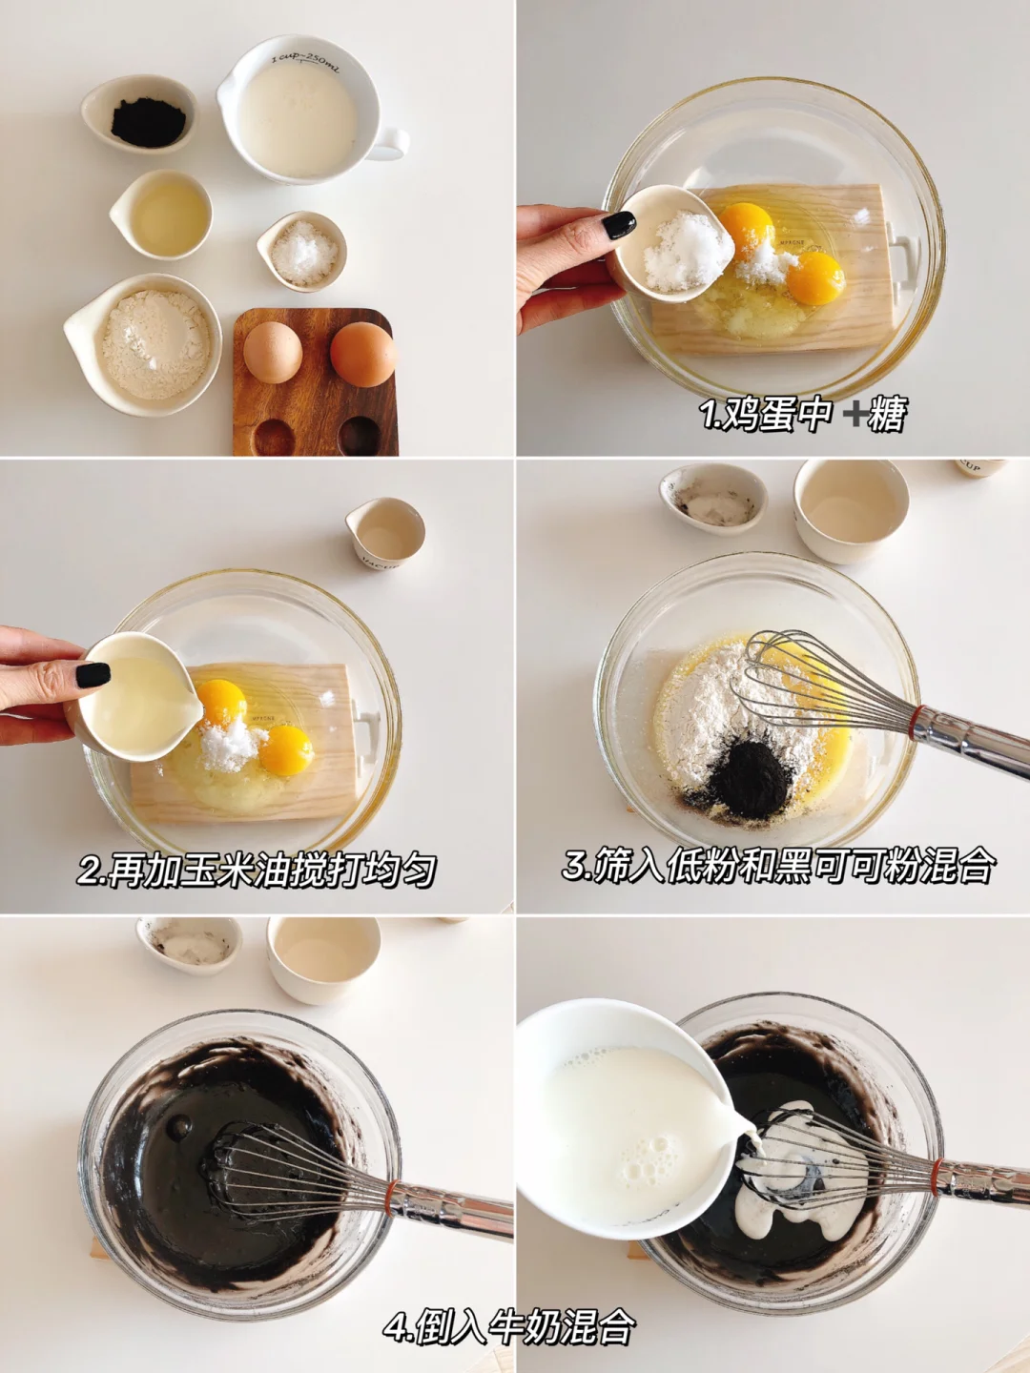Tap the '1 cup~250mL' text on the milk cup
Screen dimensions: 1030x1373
click(x=306, y=63)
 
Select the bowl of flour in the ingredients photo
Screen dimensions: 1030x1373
click(x=143, y=344)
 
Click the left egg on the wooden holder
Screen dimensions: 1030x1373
click(x=273, y=352)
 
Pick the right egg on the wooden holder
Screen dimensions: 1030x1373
click(x=363, y=354)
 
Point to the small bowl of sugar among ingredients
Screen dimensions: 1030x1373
click(x=302, y=251)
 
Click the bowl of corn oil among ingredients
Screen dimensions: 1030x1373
click(x=161, y=215)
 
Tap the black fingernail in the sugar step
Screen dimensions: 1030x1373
click(x=619, y=225)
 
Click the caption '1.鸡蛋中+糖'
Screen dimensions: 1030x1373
click(x=803, y=414)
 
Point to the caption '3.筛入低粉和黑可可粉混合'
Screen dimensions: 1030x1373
click(x=778, y=864)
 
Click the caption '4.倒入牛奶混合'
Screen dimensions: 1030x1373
click(x=509, y=1325)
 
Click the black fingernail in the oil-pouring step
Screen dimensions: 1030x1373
click(x=93, y=675)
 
